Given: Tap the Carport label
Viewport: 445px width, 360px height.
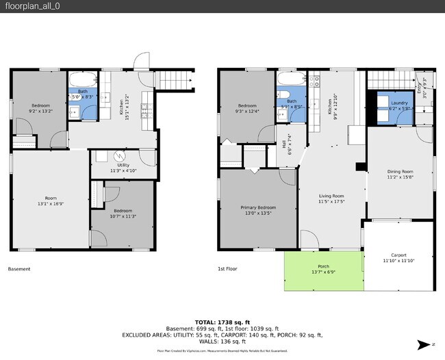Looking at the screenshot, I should click(398, 255).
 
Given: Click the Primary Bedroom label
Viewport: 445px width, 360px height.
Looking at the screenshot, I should click(257, 207).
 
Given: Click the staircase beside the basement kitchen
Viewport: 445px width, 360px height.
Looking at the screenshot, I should click(175, 81).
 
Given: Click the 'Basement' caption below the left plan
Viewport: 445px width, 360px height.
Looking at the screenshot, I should click(19, 269).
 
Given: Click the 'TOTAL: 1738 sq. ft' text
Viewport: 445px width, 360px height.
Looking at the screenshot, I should click(222, 322).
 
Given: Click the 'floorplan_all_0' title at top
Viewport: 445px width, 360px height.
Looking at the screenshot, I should click(29, 6).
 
